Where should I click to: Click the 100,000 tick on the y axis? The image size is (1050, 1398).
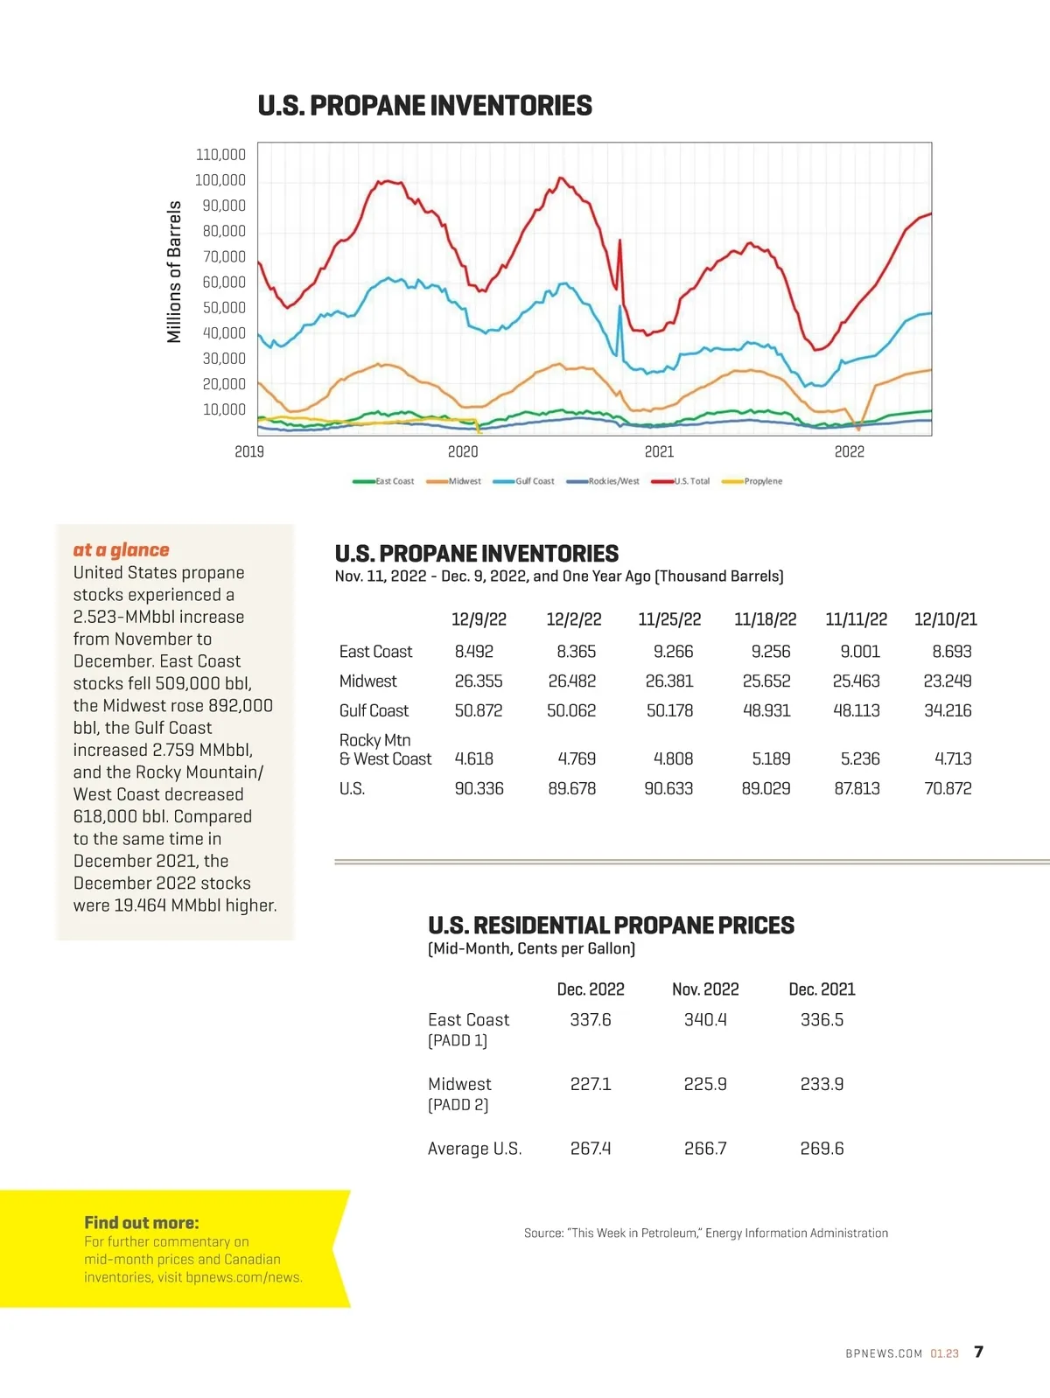coord(220,180)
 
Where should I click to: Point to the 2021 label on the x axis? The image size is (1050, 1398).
coord(659,451)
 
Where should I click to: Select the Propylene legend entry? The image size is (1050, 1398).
coord(762,481)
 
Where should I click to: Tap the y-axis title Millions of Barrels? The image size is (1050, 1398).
coord(174,271)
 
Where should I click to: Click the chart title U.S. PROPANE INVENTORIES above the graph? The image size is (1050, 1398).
coord(424,106)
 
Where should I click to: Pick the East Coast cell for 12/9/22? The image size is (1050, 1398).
coord(473,652)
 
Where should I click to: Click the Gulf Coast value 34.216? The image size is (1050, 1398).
coord(948,710)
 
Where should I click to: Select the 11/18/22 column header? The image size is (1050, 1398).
coord(765,619)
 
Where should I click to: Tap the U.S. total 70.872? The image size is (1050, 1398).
coord(948,788)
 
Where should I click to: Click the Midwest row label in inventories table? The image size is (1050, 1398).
coord(367,681)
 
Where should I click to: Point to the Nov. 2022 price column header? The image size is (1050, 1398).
coord(705,989)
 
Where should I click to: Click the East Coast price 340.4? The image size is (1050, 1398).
coord(705,1020)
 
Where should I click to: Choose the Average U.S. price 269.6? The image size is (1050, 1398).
coord(822,1149)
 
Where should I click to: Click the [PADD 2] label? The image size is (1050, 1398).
coord(458,1105)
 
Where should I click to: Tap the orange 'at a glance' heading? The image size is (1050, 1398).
coord(121,549)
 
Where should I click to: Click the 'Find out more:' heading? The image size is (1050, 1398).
coord(142,1223)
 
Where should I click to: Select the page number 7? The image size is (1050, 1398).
coord(978,1352)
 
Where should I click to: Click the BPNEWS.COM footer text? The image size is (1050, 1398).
coord(884,1353)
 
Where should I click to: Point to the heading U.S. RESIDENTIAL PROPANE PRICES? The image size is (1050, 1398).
coord(611,926)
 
